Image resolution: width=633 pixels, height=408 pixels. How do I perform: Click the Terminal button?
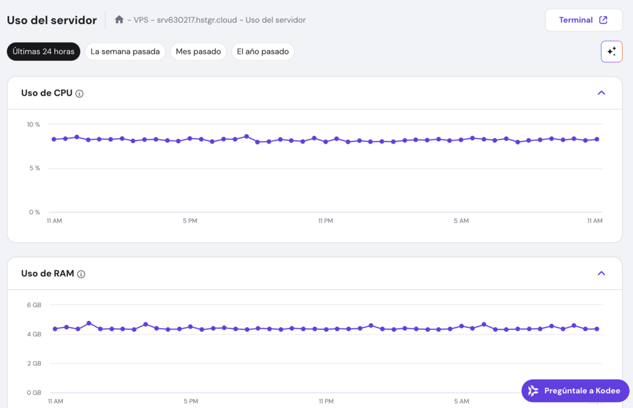tap(583, 20)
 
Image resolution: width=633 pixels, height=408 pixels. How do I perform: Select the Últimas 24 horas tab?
tap(43, 51)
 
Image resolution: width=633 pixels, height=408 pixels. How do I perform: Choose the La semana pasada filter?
tap(125, 51)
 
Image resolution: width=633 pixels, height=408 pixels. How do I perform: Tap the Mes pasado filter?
tap(198, 51)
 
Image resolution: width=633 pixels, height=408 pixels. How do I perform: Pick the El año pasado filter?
tap(263, 51)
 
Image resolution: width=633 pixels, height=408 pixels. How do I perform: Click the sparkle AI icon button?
tap(611, 51)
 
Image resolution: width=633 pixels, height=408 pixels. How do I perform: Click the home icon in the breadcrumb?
tap(119, 20)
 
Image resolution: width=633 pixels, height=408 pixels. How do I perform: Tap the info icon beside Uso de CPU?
tap(80, 93)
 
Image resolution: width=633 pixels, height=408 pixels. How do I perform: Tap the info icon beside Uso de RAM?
tap(81, 274)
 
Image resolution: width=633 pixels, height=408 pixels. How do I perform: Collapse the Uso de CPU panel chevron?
tap(601, 93)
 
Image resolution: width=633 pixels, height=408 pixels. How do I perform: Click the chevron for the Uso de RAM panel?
tap(601, 273)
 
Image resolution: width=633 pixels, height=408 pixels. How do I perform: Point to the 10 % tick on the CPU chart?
tap(33, 125)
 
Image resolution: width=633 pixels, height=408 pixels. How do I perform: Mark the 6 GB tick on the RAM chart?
tap(34, 305)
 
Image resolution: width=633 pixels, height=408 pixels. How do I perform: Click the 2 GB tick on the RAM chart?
tap(34, 363)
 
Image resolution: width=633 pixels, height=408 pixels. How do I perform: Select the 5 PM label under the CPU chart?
tap(190, 221)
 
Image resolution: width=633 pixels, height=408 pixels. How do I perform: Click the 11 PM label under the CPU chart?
tap(326, 221)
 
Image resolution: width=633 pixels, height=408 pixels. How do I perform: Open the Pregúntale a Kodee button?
tap(575, 391)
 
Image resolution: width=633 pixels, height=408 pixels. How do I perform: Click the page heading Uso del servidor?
tap(52, 20)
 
